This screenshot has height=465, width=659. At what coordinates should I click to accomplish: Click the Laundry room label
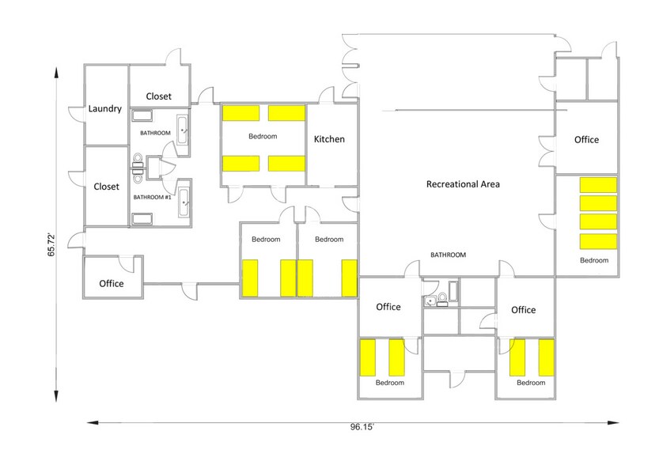(105, 109)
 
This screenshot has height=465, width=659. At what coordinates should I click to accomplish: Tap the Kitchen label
(329, 139)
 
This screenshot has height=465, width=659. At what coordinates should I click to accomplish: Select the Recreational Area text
(463, 184)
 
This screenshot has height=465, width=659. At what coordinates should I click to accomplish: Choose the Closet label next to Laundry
(158, 96)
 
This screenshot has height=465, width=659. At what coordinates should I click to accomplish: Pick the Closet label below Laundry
(106, 187)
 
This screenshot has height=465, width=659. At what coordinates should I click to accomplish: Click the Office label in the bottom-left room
(112, 283)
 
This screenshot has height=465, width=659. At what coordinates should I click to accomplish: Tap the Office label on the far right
(586, 140)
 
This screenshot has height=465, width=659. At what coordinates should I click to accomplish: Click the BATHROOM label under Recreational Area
(448, 255)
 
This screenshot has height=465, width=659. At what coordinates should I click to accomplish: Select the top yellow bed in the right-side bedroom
(598, 185)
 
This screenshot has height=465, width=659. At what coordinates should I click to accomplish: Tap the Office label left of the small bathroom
(388, 307)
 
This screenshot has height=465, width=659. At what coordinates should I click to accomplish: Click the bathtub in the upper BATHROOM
(183, 129)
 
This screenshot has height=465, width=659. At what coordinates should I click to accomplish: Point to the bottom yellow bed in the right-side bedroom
(598, 241)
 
